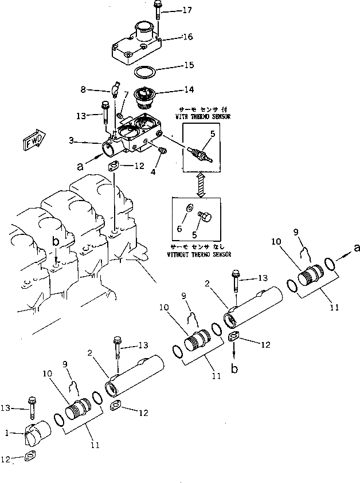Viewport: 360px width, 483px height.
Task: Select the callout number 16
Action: (x=187, y=37)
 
